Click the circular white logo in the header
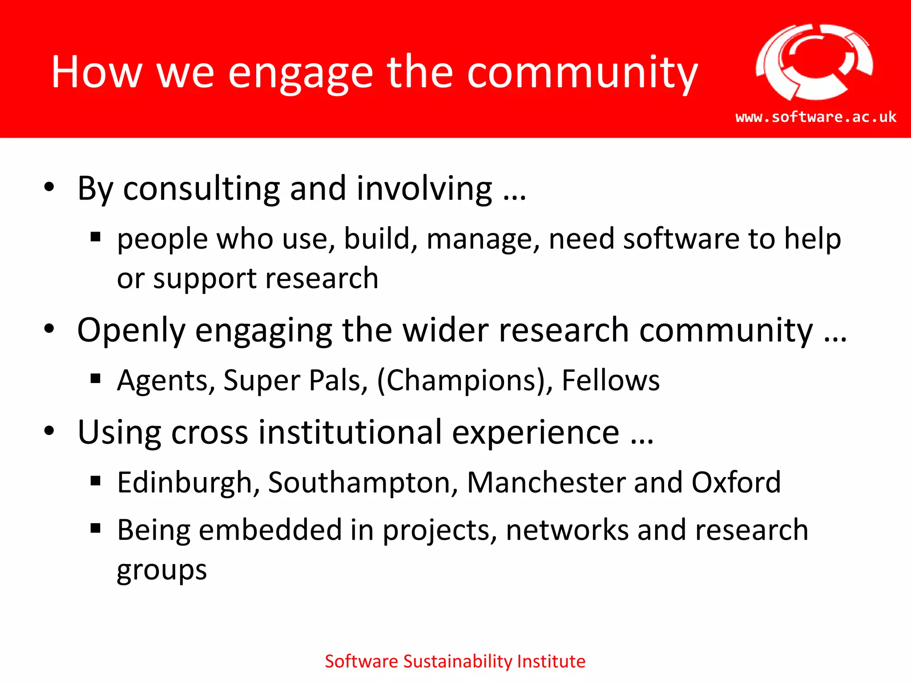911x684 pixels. [814, 62]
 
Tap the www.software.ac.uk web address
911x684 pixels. [816, 117]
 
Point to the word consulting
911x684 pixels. [201, 189]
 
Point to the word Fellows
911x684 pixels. [610, 381]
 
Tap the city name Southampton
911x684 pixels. [363, 484]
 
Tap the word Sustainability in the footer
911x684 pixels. [458, 662]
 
